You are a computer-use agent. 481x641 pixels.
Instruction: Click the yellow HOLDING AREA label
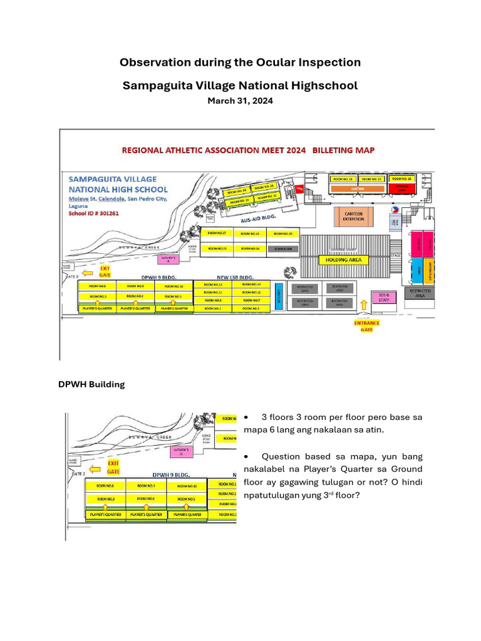point(344,259)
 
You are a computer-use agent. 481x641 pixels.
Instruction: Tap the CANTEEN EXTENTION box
point(353,217)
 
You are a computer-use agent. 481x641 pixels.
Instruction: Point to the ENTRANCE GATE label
point(366,326)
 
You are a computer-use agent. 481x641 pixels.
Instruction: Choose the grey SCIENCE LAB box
point(283,249)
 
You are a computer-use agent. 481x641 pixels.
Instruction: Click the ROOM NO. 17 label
point(217,233)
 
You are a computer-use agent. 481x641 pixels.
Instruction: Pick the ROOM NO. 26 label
point(401,179)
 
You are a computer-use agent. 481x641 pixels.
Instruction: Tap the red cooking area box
point(401,187)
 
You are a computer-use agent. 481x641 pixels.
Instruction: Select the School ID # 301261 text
point(93,213)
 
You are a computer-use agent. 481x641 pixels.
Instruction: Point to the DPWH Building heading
point(91,384)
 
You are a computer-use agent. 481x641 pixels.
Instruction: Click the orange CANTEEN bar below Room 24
point(357,187)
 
